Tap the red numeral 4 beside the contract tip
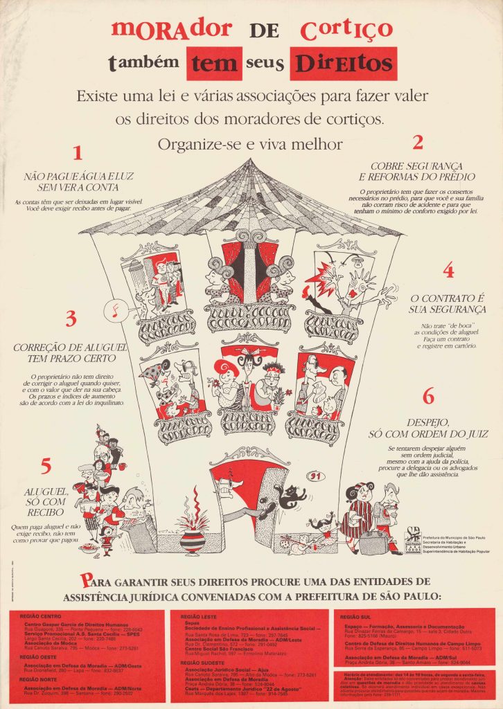point(448,270)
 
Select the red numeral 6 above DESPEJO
point(428,397)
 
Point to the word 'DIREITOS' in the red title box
point(343,64)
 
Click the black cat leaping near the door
point(291,496)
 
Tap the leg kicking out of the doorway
point(246,512)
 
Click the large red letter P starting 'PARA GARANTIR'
point(85,580)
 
